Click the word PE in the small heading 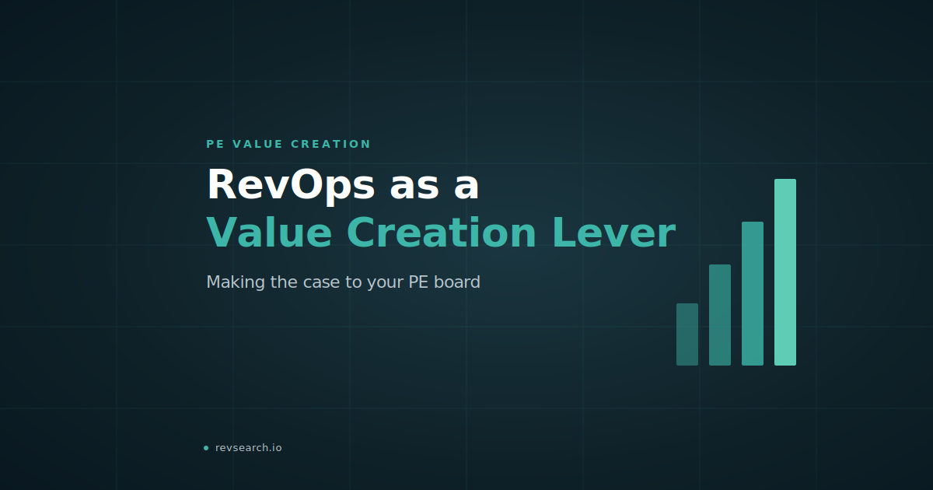coord(215,144)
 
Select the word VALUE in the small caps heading coord(257,144)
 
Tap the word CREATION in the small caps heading coord(330,144)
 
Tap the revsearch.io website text coord(248,448)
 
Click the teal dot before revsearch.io coord(206,448)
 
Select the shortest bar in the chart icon coord(687,334)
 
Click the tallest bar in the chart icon coord(785,272)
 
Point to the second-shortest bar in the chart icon coord(720,315)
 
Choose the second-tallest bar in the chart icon coord(753,294)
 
